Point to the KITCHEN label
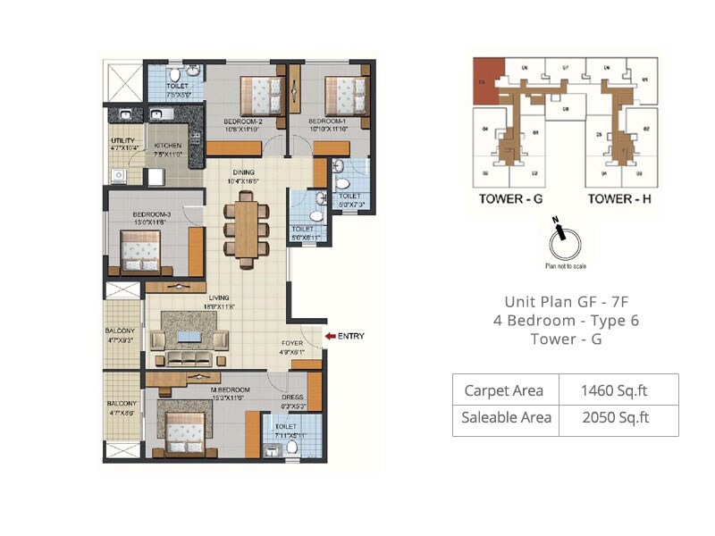tap(168, 146)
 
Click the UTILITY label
tap(122, 141)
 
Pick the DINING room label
tap(243, 172)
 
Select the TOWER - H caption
tap(618, 198)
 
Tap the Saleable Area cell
tap(506, 417)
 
